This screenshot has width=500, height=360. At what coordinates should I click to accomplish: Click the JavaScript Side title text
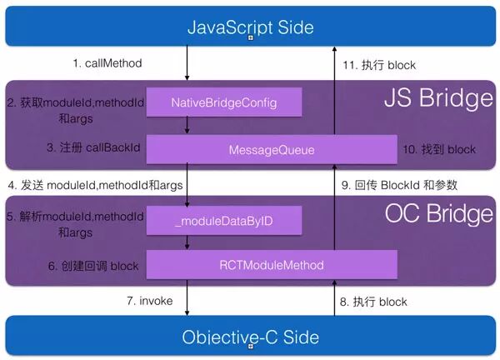click(x=249, y=27)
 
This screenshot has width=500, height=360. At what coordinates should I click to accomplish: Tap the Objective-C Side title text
click(x=249, y=337)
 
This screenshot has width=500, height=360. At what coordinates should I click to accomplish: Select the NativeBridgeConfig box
click(x=223, y=102)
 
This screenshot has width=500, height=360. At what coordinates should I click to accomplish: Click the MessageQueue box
click(x=271, y=149)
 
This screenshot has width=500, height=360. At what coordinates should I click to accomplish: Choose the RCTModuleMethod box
click(x=271, y=265)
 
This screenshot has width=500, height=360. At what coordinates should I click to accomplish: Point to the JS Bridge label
click(x=438, y=100)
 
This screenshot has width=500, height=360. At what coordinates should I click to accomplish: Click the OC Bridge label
click(x=438, y=215)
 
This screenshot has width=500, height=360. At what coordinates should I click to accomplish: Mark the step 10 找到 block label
click(x=439, y=149)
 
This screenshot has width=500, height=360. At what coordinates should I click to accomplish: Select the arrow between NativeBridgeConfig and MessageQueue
click(x=187, y=124)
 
